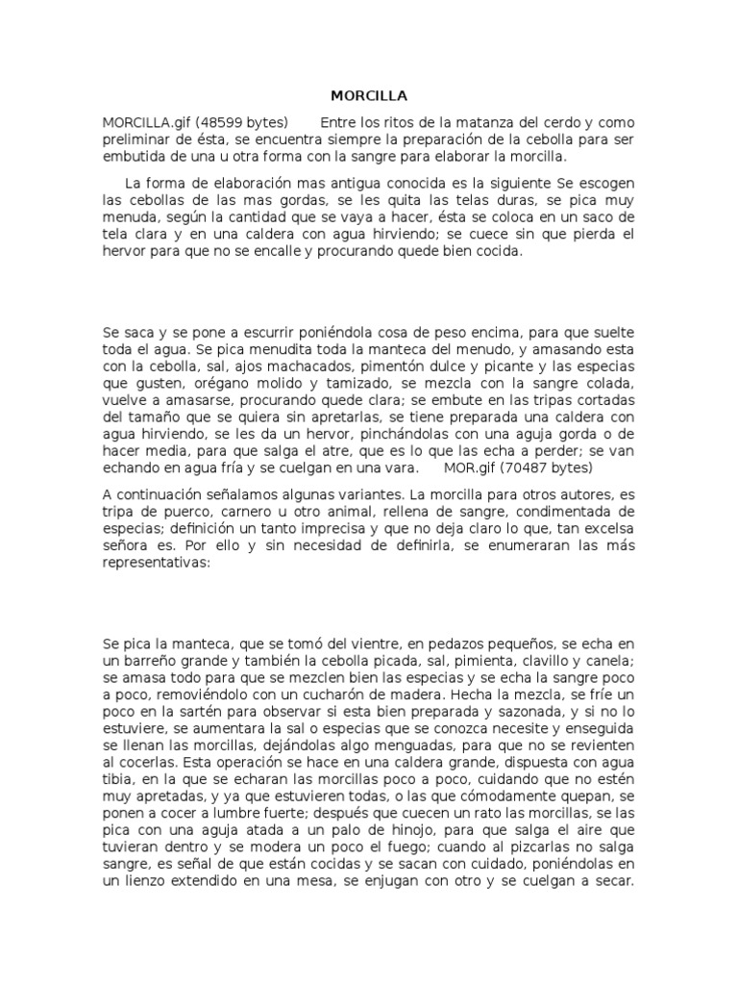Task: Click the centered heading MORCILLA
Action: pyautogui.click(x=369, y=96)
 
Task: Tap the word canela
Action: pyautogui.click(x=611, y=660)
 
